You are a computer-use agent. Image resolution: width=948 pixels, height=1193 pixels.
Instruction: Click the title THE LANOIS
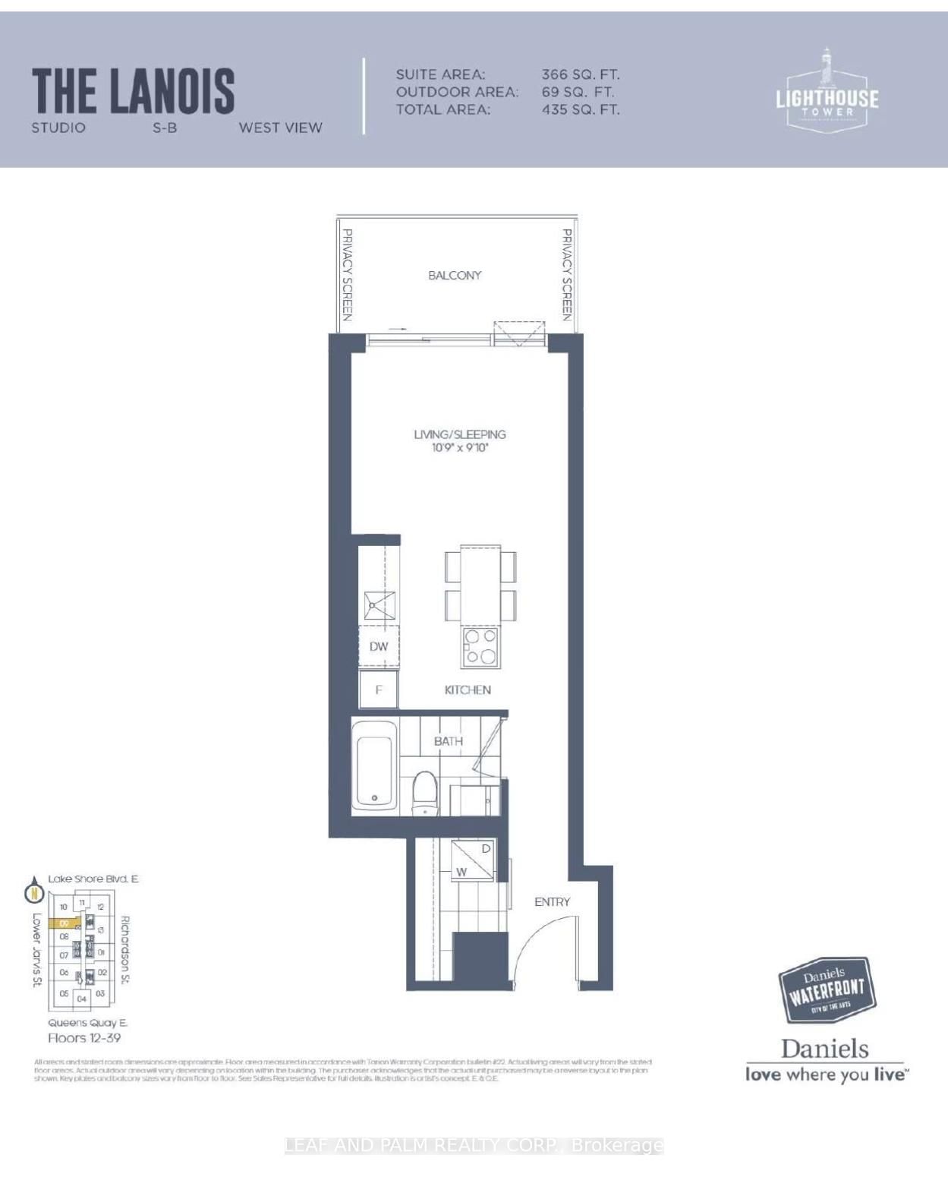[x=133, y=90]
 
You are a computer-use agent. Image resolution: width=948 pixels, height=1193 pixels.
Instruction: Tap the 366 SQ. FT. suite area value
[x=580, y=74]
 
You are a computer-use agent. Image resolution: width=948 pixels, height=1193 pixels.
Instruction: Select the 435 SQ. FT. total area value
[x=580, y=109]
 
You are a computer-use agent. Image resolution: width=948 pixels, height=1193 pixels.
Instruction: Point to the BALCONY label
[x=455, y=275]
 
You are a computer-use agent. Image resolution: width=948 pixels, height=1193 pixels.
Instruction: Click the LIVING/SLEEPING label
[x=459, y=434]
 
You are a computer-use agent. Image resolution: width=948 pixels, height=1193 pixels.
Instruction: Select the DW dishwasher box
[x=379, y=646]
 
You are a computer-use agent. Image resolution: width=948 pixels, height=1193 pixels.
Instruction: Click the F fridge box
[x=379, y=690]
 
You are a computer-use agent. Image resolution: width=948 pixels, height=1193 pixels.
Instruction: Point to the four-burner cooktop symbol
[x=480, y=646]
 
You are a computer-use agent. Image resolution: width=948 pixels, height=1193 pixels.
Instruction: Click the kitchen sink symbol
[x=380, y=604]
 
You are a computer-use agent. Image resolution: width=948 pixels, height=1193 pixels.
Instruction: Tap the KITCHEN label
[x=468, y=690]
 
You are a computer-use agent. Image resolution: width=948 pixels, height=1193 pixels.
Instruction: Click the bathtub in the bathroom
[x=374, y=769]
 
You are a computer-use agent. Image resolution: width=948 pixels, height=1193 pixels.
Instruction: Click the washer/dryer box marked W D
[x=473, y=860]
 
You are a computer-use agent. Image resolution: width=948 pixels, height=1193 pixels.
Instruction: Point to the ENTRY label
[x=552, y=901]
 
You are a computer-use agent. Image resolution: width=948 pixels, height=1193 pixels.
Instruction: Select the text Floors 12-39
[x=84, y=1037]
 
